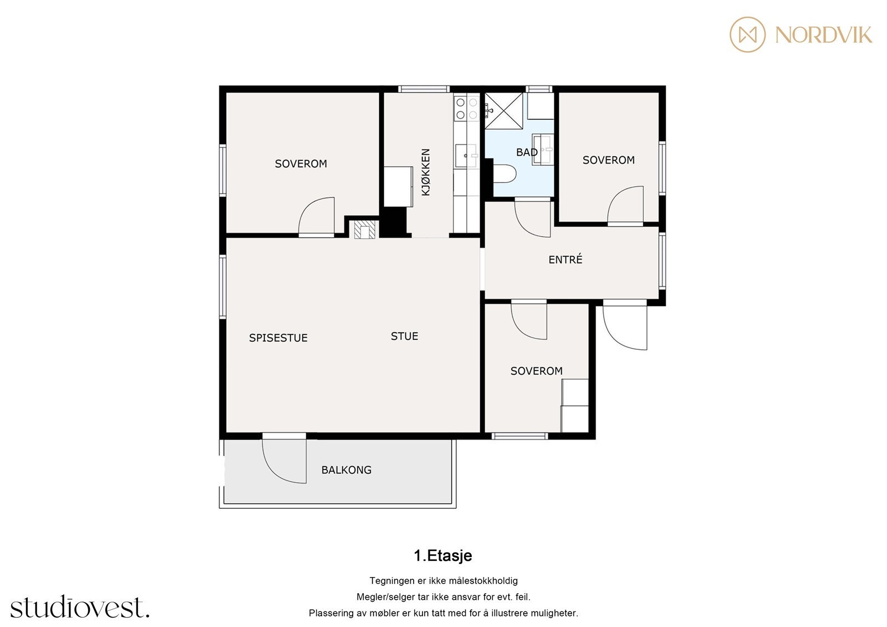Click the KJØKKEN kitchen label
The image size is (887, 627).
pyautogui.click(x=426, y=172)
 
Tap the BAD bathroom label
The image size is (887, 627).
pyautogui.click(x=527, y=152)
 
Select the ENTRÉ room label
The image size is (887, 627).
pyautogui.click(x=565, y=259)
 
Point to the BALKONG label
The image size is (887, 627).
pyautogui.click(x=346, y=470)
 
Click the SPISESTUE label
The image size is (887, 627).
pyautogui.click(x=278, y=338)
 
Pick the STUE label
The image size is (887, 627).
pyautogui.click(x=404, y=337)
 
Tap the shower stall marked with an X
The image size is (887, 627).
pyautogui.click(x=504, y=111)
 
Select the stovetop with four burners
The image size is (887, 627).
pyautogui.click(x=466, y=109)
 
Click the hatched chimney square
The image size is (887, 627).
pyautogui.click(x=365, y=230)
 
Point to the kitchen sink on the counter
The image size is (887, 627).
pyautogui.click(x=466, y=156)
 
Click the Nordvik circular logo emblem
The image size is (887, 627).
pyautogui.click(x=748, y=34)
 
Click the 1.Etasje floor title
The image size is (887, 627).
pyautogui.click(x=443, y=555)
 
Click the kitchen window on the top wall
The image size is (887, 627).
pyautogui.click(x=424, y=89)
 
